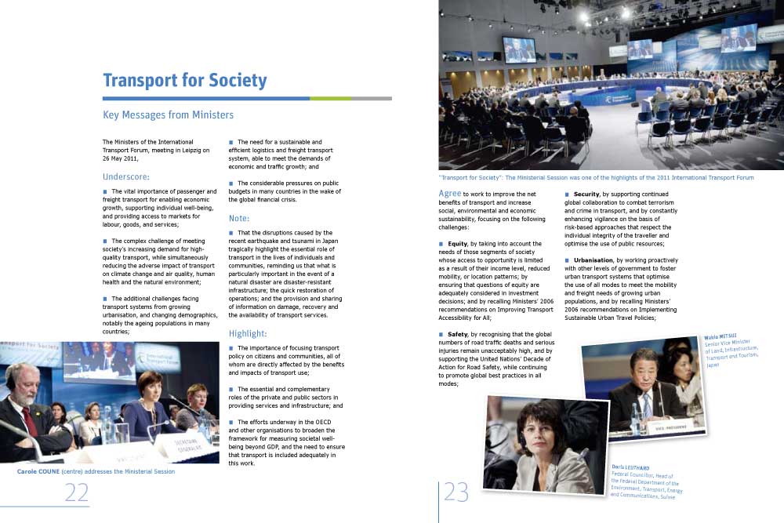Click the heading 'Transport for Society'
[x=185, y=81]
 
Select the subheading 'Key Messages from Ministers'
[x=168, y=115]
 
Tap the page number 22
[x=76, y=492]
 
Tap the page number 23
[x=456, y=492]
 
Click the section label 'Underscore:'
[x=126, y=176]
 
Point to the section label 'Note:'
[x=239, y=219]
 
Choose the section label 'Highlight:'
[x=248, y=333]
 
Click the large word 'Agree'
[x=450, y=193]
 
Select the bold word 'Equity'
[x=458, y=244]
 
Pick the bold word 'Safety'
[x=458, y=335]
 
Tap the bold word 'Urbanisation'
[x=597, y=260]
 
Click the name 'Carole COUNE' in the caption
[x=43, y=472]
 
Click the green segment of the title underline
[x=330, y=99]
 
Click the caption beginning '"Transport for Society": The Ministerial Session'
[x=596, y=178]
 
